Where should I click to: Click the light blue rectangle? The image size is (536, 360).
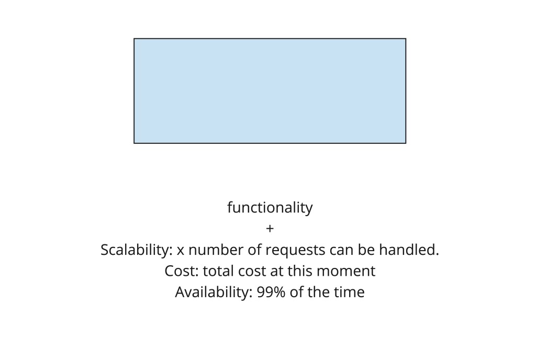(x=270, y=91)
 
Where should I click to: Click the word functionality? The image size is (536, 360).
(x=270, y=208)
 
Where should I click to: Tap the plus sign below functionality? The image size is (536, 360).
(x=270, y=229)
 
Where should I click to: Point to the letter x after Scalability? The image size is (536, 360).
(x=181, y=251)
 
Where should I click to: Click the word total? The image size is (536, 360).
(x=216, y=271)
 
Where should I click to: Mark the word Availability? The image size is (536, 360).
(x=214, y=292)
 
